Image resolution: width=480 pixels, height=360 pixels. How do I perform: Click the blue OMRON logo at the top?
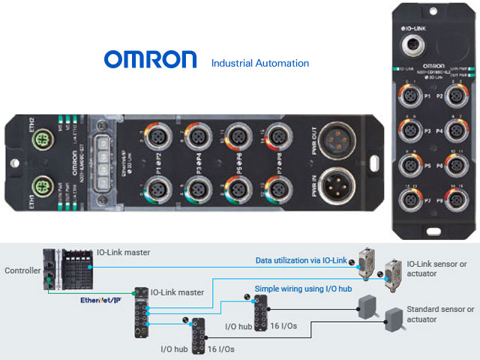(150, 60)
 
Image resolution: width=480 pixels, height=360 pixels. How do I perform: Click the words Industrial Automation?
(259, 63)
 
